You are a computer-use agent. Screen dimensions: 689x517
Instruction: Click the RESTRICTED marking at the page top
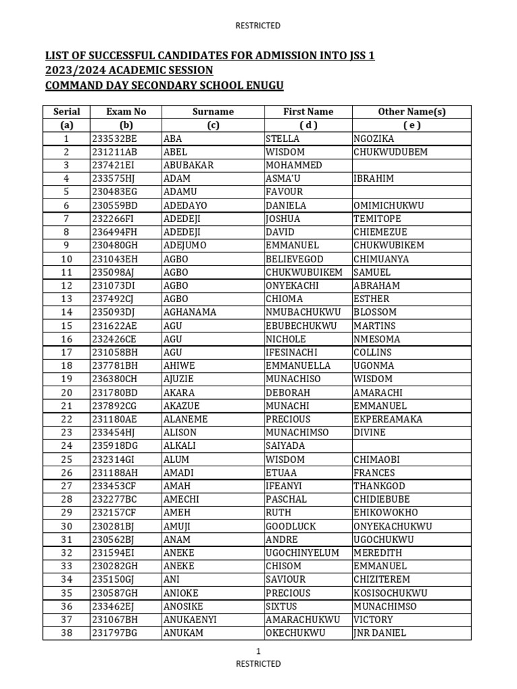pos(258,26)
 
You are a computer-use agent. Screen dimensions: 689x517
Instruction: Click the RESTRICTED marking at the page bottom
pos(258,663)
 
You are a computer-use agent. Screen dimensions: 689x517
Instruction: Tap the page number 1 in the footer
pos(258,651)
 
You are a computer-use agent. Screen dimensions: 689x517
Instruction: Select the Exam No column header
pos(126,112)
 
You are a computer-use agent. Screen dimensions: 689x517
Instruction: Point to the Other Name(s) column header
pos(411,112)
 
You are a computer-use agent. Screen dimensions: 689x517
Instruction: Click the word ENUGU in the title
pos(263,85)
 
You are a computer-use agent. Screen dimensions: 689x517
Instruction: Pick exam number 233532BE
pos(114,139)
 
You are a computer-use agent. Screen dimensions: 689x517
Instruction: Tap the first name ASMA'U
pos(285,178)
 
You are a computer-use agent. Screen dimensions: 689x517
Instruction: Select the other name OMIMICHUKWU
pos(388,205)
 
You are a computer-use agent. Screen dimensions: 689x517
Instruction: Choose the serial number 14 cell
pos(66,312)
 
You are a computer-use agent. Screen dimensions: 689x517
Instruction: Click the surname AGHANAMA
pos(190,312)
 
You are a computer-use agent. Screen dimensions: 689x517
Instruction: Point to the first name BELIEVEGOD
pos(295,259)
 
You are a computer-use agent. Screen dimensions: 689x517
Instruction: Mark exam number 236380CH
pos(114,379)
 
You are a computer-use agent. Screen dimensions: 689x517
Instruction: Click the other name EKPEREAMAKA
pos(388,419)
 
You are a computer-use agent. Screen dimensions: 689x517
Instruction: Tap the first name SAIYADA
pos(285,445)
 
